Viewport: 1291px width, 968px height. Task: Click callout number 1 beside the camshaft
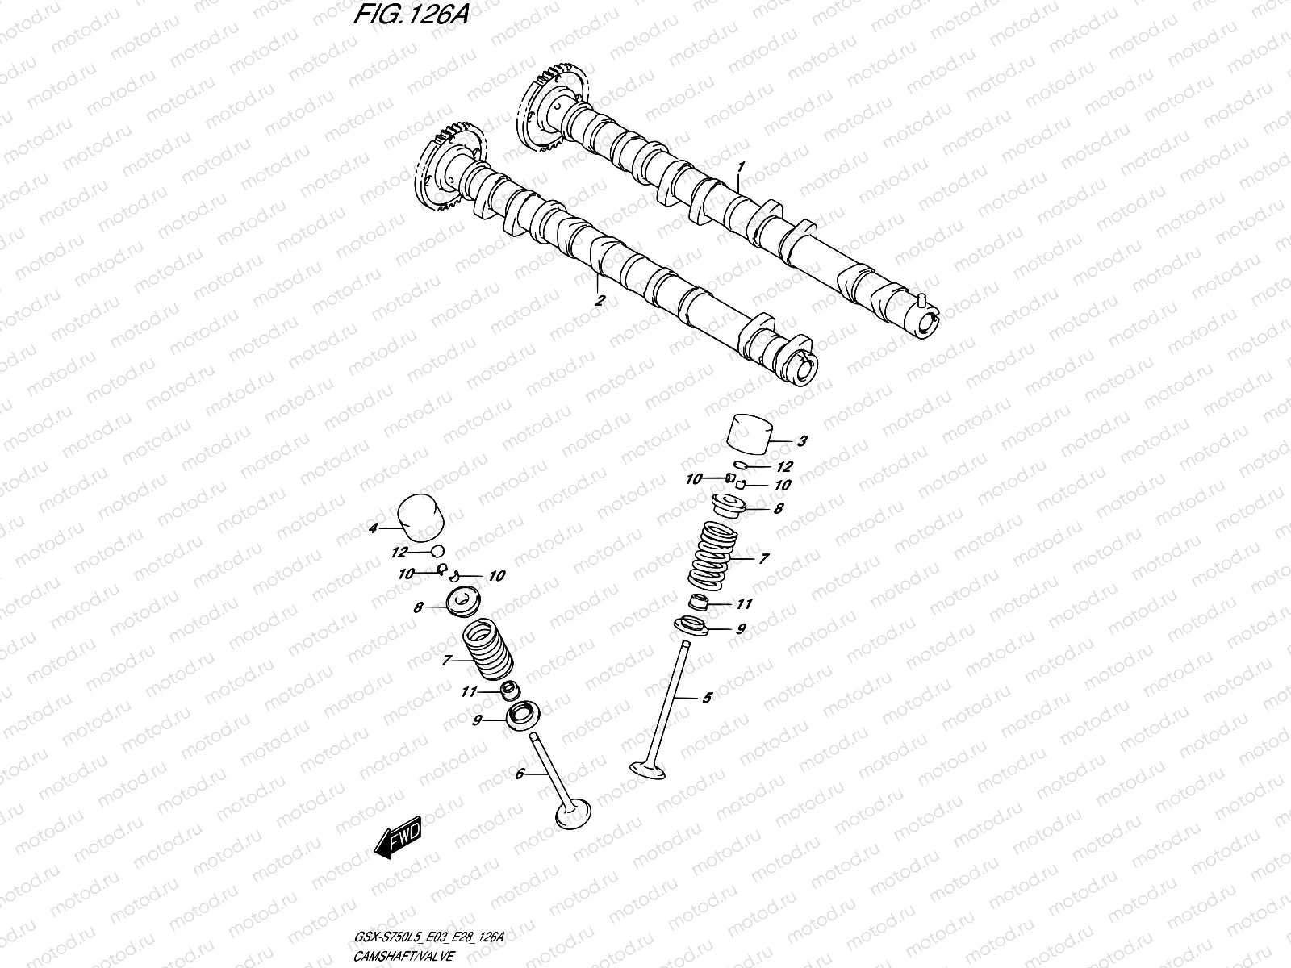tap(741, 166)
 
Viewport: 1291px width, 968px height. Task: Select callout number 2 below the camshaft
tap(600, 300)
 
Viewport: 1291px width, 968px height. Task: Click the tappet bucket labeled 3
tap(748, 436)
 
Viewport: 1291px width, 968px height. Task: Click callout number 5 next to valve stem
tap(708, 698)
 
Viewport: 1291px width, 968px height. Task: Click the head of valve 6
tap(574, 813)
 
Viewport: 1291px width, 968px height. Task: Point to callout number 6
tap(520, 774)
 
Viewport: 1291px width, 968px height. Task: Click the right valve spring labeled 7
tap(712, 555)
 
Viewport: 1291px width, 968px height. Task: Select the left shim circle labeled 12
tap(437, 551)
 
